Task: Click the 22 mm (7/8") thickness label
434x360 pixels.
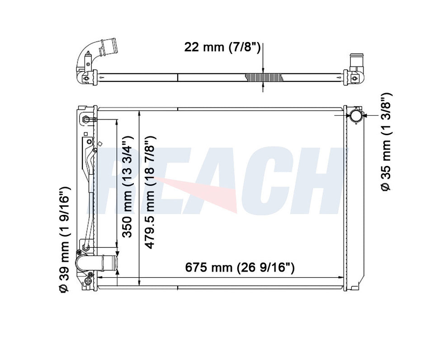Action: (x=222, y=47)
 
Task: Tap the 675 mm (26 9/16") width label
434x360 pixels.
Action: (x=240, y=267)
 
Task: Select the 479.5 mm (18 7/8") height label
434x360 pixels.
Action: (x=150, y=192)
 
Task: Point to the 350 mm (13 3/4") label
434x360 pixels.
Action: (x=128, y=187)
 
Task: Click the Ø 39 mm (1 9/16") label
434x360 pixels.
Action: (x=64, y=239)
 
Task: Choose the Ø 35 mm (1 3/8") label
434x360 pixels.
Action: (x=386, y=142)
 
